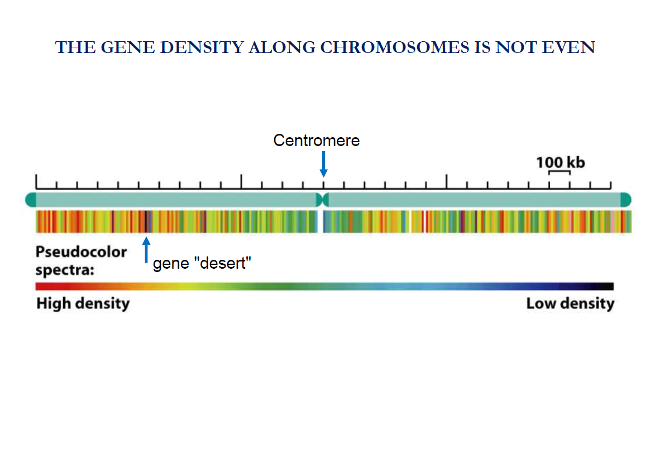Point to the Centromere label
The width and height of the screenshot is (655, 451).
point(316,140)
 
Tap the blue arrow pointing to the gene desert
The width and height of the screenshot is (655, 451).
point(146,249)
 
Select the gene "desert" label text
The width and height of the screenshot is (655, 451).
point(199,264)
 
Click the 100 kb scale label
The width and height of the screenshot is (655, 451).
point(560,162)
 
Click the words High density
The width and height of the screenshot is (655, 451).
point(83,304)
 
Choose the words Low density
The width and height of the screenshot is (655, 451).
point(570,304)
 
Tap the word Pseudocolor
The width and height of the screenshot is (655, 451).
point(82,252)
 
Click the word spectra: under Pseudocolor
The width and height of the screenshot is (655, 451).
point(65,270)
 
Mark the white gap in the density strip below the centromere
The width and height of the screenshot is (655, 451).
point(321,221)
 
